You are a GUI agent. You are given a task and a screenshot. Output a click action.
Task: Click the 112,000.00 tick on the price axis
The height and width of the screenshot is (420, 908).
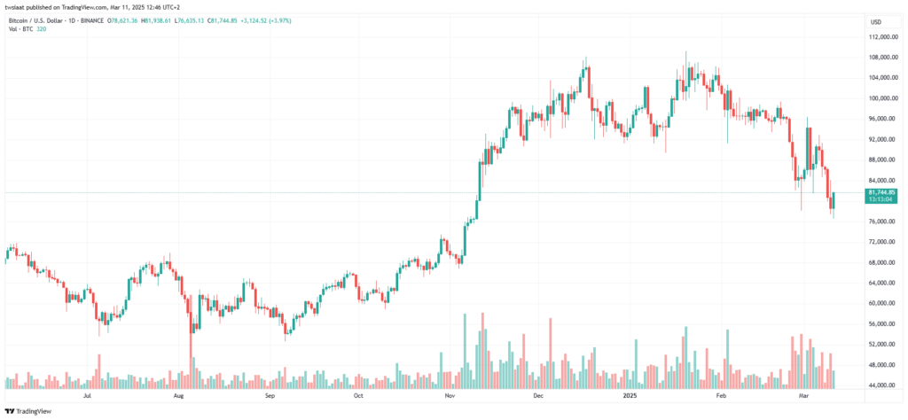coord(880,37)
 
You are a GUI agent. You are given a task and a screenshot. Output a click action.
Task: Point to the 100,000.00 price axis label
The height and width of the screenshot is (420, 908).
coord(880,98)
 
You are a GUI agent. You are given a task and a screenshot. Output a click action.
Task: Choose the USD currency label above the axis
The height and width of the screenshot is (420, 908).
coord(876,21)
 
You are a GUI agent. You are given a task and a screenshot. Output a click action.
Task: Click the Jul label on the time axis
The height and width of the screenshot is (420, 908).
coord(87,398)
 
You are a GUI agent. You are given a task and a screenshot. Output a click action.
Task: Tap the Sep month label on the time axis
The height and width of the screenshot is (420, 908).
coord(269,398)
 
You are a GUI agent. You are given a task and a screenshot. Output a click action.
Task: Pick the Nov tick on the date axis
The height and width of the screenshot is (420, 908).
coord(449,398)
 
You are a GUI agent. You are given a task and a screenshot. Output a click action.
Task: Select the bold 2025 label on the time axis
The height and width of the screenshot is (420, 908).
coord(630,398)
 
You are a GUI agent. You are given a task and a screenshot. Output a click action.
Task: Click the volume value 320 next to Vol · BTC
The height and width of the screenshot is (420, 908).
coord(42,29)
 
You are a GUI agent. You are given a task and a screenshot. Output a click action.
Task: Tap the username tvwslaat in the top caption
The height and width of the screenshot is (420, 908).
coord(18,6)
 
